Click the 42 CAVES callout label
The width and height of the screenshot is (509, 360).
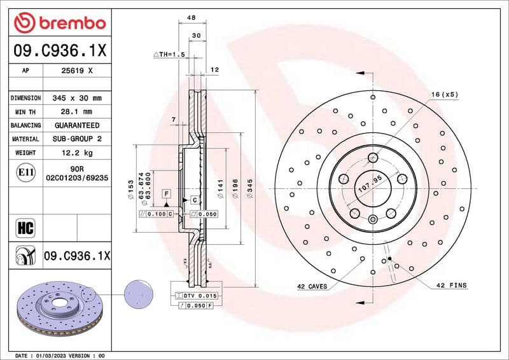click(x=312, y=286)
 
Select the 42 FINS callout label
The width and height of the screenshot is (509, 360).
click(x=451, y=286)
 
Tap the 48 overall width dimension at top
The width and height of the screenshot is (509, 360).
click(x=190, y=19)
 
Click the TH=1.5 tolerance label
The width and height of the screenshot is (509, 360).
click(x=169, y=55)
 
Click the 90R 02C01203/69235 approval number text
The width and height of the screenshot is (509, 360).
click(x=76, y=174)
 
